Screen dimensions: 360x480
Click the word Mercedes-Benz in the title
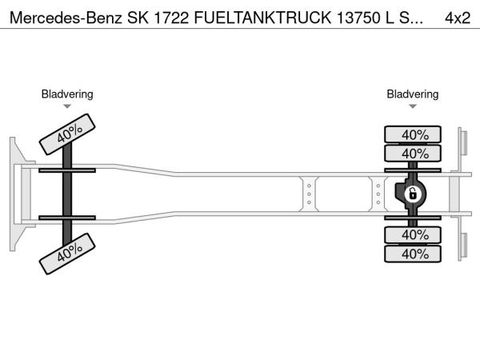pos(62,16)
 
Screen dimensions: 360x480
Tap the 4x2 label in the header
pos(457,16)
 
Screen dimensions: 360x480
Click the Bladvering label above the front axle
pos(67,94)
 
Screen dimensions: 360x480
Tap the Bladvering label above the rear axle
pos(413,94)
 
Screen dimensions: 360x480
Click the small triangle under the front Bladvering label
pos(67,106)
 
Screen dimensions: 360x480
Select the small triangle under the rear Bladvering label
pos(413,106)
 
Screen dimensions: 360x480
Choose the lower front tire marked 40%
pos(69,252)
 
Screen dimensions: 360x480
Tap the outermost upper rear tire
pos(414,134)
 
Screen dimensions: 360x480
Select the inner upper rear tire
pos(414,153)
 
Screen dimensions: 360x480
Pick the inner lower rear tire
pos(414,234)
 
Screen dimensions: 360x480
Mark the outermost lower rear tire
pos(414,254)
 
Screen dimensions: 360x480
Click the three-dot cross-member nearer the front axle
pos(309,194)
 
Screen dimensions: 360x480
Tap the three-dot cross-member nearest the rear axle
pos(378,194)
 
